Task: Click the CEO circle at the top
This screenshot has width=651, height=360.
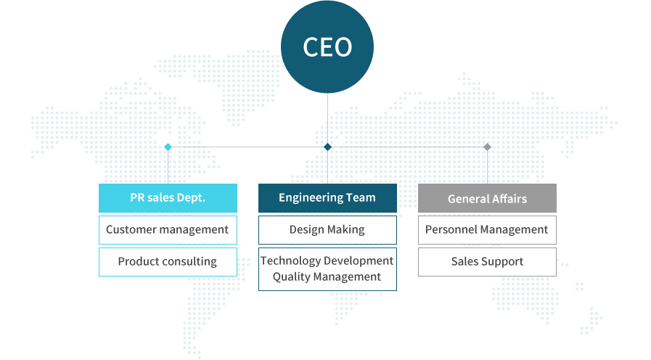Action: (327, 46)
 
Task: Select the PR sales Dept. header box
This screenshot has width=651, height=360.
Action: (168, 198)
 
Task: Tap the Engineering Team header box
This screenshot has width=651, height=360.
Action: (327, 198)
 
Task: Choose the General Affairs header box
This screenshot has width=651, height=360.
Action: (487, 198)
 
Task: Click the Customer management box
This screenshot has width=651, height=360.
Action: (168, 230)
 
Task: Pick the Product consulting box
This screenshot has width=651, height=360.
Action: (168, 262)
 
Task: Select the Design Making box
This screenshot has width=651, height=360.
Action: (327, 230)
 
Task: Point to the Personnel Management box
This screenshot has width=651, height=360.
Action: (487, 230)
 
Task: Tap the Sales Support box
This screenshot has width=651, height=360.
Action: (487, 262)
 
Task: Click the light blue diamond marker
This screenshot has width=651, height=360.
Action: (168, 147)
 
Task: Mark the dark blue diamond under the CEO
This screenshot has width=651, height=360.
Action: (327, 147)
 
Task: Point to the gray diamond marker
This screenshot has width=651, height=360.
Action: (487, 147)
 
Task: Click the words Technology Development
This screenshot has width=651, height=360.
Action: (327, 261)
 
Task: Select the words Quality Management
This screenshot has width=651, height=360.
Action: (327, 277)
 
